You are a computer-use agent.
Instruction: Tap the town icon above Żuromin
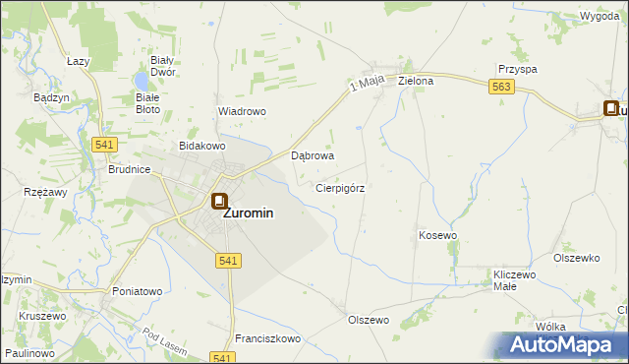(x=218, y=202)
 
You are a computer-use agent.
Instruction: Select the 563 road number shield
(x=500, y=88)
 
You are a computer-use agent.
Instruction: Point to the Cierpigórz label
(x=340, y=187)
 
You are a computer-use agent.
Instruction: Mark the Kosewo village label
(x=438, y=236)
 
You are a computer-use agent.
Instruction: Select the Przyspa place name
(x=517, y=70)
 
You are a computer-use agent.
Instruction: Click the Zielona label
(x=416, y=81)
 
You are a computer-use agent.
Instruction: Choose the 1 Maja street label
(x=365, y=89)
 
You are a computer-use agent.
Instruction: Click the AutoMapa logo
(x=563, y=344)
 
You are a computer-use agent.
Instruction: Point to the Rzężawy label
(x=45, y=192)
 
